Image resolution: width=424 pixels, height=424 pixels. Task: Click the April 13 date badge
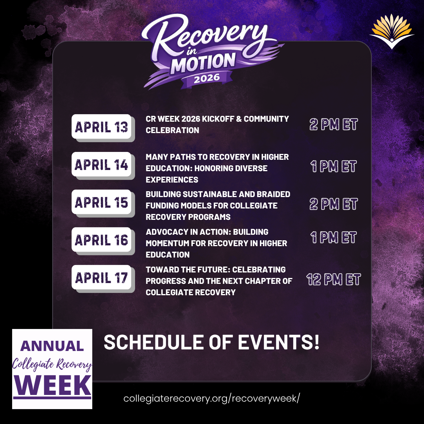(x=102, y=126)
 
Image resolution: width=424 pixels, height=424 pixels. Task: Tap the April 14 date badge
(x=102, y=164)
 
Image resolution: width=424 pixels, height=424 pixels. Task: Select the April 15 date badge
(x=102, y=202)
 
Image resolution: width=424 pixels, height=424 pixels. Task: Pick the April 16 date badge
(x=102, y=240)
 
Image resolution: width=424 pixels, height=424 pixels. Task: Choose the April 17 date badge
(x=102, y=278)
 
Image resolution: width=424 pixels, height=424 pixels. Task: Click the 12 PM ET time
(x=333, y=280)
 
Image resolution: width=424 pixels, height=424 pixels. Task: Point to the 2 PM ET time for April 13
(x=333, y=124)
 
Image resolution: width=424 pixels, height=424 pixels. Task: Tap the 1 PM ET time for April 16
(x=333, y=238)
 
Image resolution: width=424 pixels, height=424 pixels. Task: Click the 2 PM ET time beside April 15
(x=333, y=204)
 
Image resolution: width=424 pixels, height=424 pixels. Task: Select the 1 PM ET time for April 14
(x=333, y=166)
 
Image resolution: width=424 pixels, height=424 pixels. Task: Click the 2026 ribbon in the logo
(x=207, y=78)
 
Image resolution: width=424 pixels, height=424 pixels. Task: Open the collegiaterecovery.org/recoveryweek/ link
(x=212, y=398)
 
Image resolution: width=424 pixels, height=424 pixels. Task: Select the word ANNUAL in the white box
(x=52, y=346)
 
